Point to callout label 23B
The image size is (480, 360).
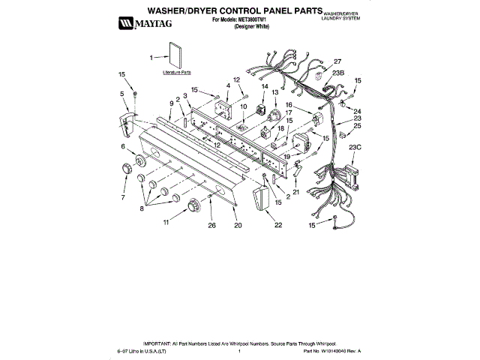[x=338, y=73]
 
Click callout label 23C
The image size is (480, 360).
[x=355, y=147]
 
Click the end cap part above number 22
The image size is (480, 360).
[x=262, y=201]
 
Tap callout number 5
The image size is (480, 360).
[x=122, y=94]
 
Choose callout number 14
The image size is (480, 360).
[x=264, y=87]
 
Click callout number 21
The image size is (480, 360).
[x=296, y=192]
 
